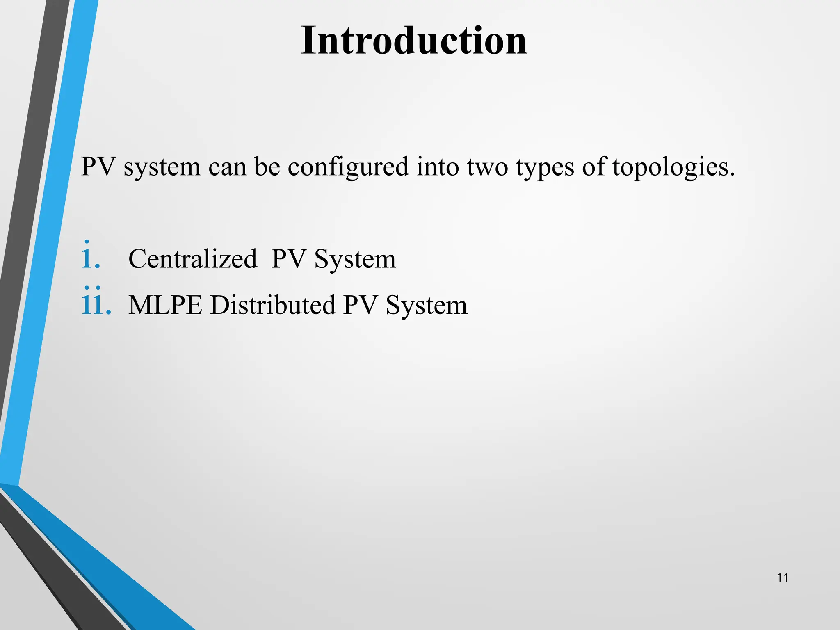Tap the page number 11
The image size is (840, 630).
(783, 578)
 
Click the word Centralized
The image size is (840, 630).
(192, 259)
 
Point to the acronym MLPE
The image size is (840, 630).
(165, 305)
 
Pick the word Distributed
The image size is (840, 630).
(273, 305)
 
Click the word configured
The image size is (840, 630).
(348, 167)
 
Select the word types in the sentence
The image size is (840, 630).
(545, 167)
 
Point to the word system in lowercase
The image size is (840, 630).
(162, 167)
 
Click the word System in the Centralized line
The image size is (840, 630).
(355, 259)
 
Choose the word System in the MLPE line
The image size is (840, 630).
(427, 305)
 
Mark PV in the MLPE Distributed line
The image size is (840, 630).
(360, 305)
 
